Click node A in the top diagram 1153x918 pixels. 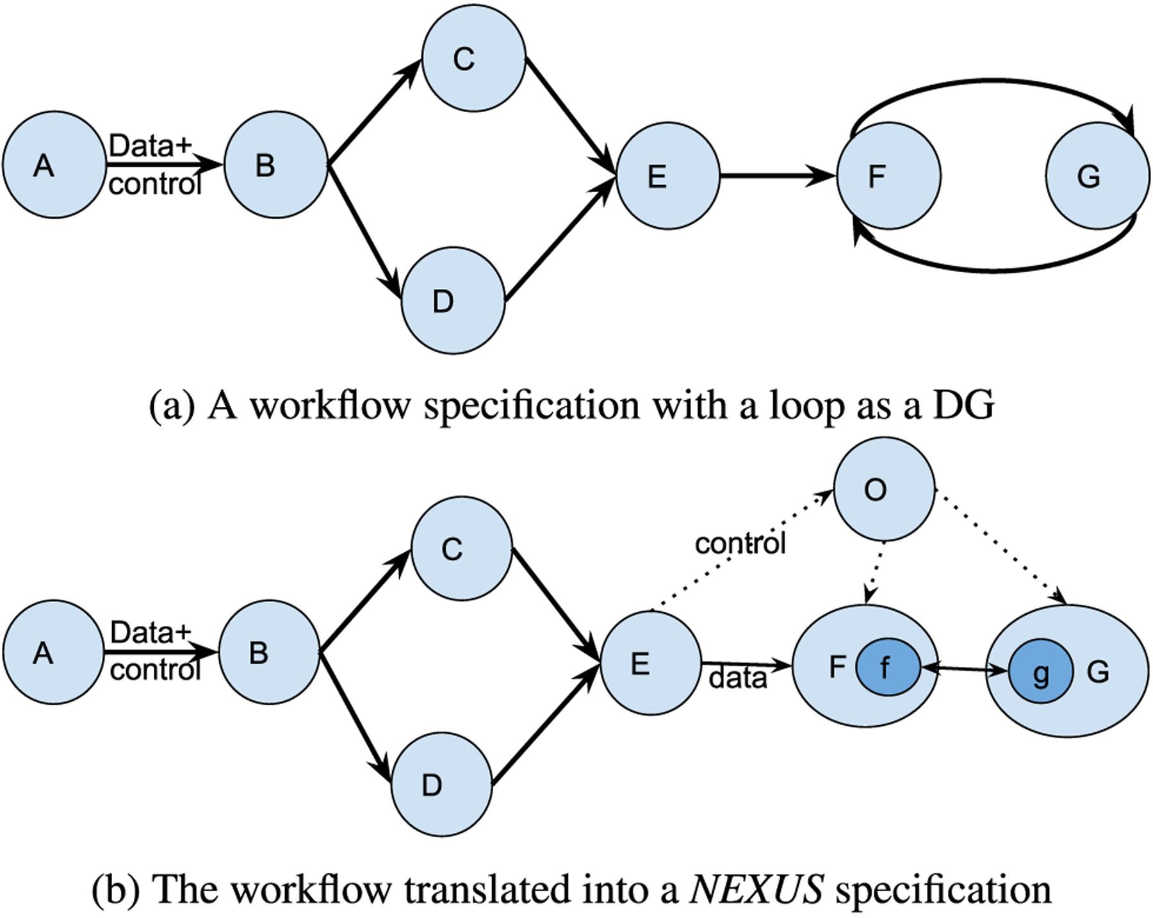(x=54, y=165)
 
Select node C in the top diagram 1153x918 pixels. (x=473, y=58)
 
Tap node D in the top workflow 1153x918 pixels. (x=454, y=300)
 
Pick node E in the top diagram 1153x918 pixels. (x=668, y=175)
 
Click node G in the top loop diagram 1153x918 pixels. (x=1098, y=176)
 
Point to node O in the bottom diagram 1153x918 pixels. (x=884, y=490)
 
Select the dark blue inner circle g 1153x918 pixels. (x=1041, y=672)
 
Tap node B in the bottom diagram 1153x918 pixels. (x=269, y=652)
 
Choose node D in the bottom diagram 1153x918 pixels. (x=442, y=784)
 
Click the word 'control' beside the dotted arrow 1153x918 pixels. (x=740, y=544)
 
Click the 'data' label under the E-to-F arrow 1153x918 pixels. (x=738, y=678)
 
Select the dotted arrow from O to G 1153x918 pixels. (x=1001, y=546)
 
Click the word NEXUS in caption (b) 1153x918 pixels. (x=756, y=889)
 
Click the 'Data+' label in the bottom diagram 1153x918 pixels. (x=151, y=633)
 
